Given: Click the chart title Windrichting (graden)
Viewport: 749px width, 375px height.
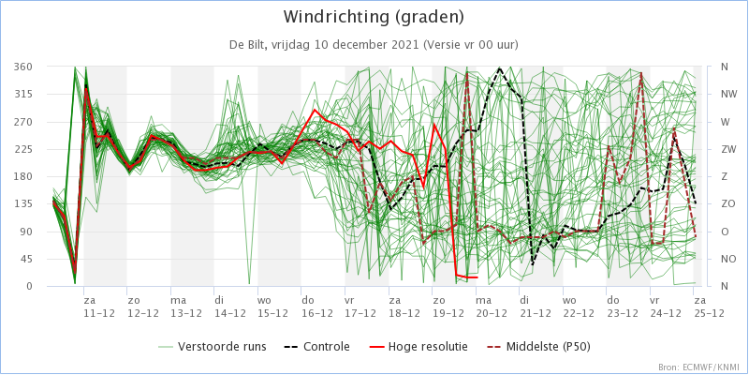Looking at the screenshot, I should pyautogui.click(x=374, y=17).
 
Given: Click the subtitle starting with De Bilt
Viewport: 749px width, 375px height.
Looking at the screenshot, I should pyautogui.click(x=374, y=44).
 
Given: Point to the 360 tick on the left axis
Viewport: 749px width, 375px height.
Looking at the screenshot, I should pyautogui.click(x=23, y=67).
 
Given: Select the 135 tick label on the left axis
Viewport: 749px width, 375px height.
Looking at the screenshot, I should pyautogui.click(x=23, y=204).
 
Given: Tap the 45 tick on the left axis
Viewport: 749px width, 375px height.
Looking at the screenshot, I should pyautogui.click(x=26, y=259).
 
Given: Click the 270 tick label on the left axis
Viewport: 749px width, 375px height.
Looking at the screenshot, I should pyautogui.click(x=23, y=122).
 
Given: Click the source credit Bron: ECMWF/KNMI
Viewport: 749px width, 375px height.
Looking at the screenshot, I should pyautogui.click(x=698, y=367).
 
